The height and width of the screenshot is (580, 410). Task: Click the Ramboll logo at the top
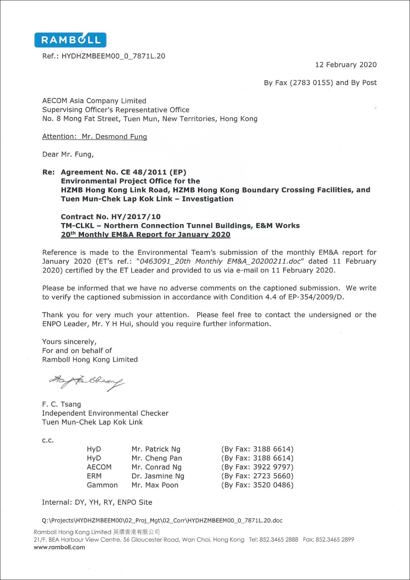coord(70,40)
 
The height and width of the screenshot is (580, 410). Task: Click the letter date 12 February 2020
coord(345,65)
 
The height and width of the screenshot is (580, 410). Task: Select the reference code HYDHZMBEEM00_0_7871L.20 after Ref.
coord(113,56)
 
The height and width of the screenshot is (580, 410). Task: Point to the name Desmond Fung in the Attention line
coord(114,136)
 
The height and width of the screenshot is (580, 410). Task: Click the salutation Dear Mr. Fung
coord(68,154)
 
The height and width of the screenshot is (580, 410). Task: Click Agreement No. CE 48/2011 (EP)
coord(123,172)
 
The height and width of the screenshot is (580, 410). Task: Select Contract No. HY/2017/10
coord(111,217)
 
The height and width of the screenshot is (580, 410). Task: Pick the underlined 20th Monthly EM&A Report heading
coord(146,234)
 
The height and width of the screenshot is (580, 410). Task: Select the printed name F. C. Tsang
coord(61,404)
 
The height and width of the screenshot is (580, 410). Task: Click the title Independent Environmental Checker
coord(105,413)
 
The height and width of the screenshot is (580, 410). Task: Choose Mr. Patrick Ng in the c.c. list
coord(156,449)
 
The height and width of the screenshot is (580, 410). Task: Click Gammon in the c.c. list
coord(102,485)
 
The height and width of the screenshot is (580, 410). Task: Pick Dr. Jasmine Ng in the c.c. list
coord(158,476)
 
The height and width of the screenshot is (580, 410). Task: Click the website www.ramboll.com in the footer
coord(59,547)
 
